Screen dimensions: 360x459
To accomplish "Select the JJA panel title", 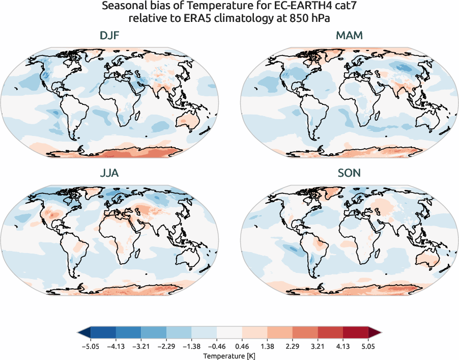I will tap(110, 173).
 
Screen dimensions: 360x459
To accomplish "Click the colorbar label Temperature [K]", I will tap(229, 355).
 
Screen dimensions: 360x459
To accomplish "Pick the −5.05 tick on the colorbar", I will tap(90, 345).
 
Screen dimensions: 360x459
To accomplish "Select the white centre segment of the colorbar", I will tap(229, 333).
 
